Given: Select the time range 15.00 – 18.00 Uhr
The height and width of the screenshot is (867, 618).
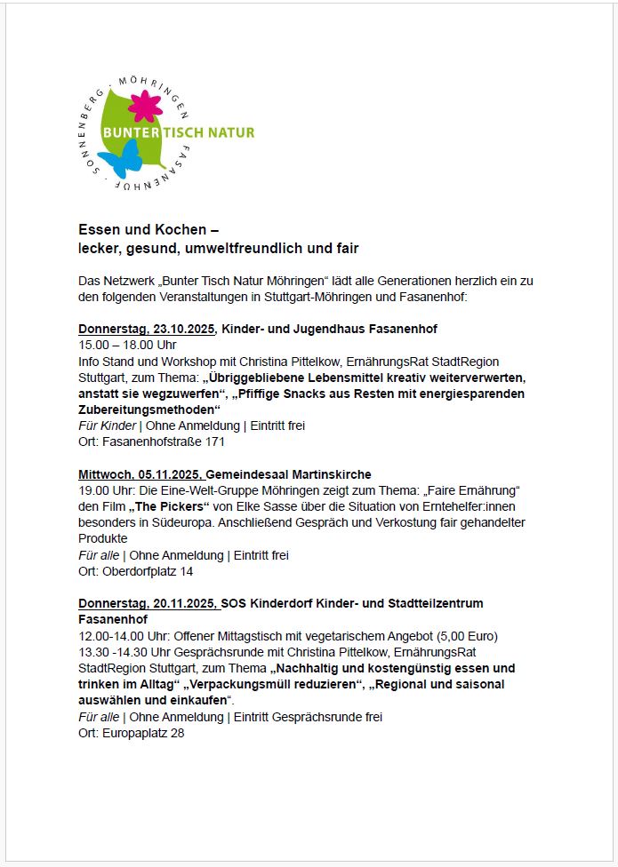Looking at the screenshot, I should (127, 345).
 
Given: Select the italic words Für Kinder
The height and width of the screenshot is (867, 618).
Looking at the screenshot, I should (107, 426).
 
